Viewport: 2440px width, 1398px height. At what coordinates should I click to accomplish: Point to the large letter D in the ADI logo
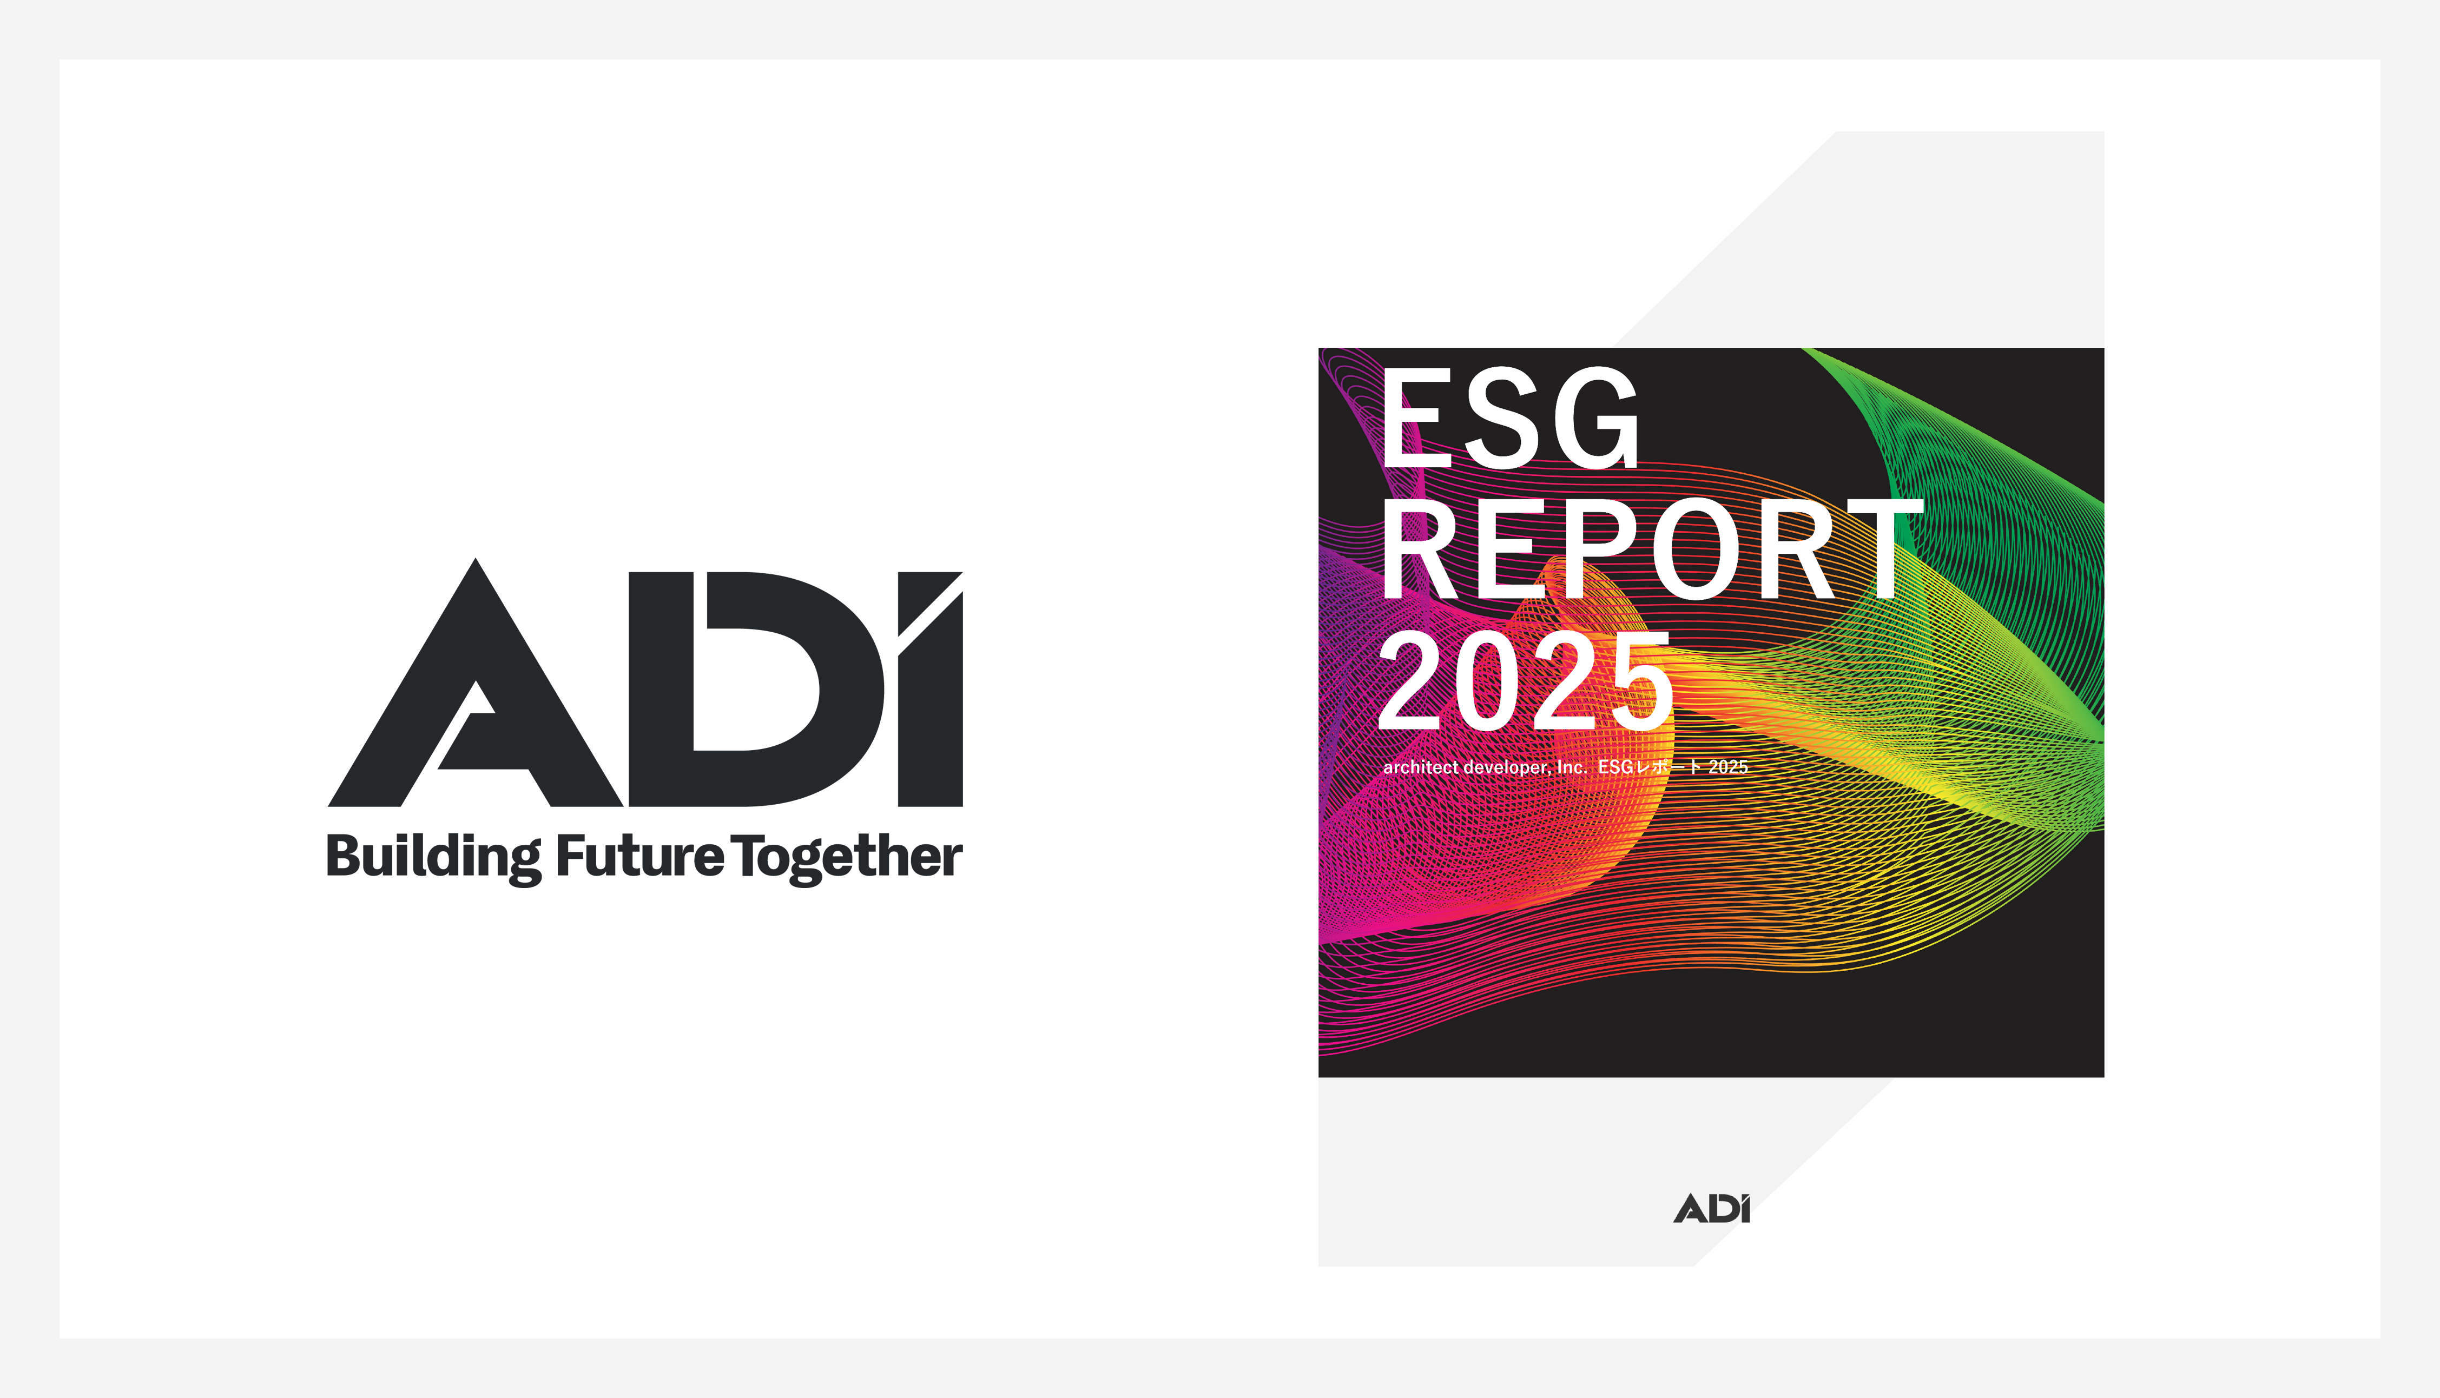757,690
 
